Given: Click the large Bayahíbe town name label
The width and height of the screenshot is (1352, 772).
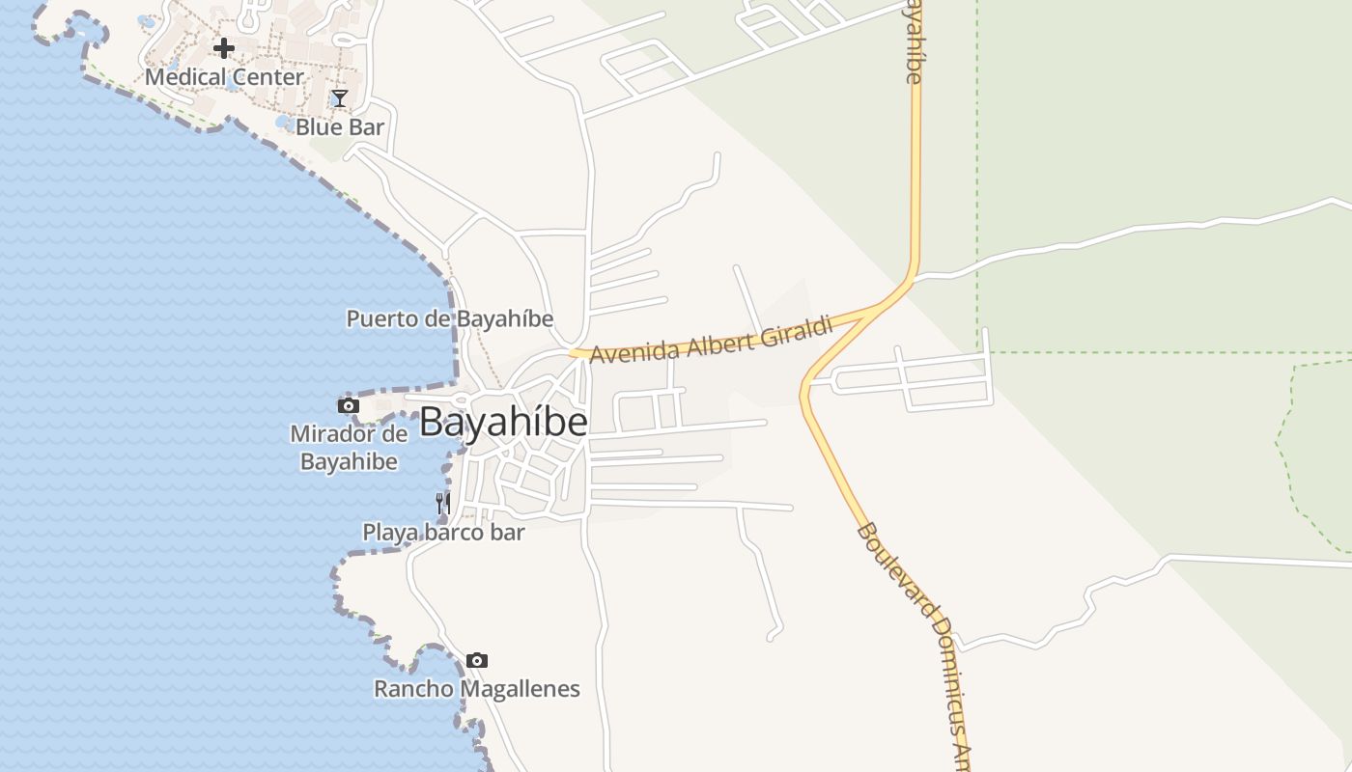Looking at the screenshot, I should tap(503, 423).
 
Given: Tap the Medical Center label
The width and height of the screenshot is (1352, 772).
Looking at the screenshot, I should tap(224, 77).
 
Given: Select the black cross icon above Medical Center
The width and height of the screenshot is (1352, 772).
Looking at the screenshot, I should tap(224, 48).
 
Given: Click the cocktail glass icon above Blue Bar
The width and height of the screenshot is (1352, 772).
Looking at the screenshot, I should tap(339, 98).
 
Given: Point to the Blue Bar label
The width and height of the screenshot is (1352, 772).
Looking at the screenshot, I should tap(340, 127).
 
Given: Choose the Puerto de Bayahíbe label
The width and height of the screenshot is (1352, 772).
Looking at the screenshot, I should tap(450, 318).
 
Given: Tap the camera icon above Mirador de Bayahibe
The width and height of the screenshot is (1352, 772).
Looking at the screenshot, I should tap(348, 406).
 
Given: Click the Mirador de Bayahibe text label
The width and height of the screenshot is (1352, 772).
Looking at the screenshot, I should tap(349, 448).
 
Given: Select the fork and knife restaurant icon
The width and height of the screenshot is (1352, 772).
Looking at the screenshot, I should tap(442, 503).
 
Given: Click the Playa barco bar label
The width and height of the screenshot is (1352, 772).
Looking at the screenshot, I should tap(443, 532).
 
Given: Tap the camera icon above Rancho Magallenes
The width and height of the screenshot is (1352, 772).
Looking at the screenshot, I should tap(476, 661).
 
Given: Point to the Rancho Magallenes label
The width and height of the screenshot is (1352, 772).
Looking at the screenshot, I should tap(477, 689).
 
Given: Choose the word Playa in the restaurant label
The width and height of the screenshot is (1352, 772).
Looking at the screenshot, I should tap(386, 532).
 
